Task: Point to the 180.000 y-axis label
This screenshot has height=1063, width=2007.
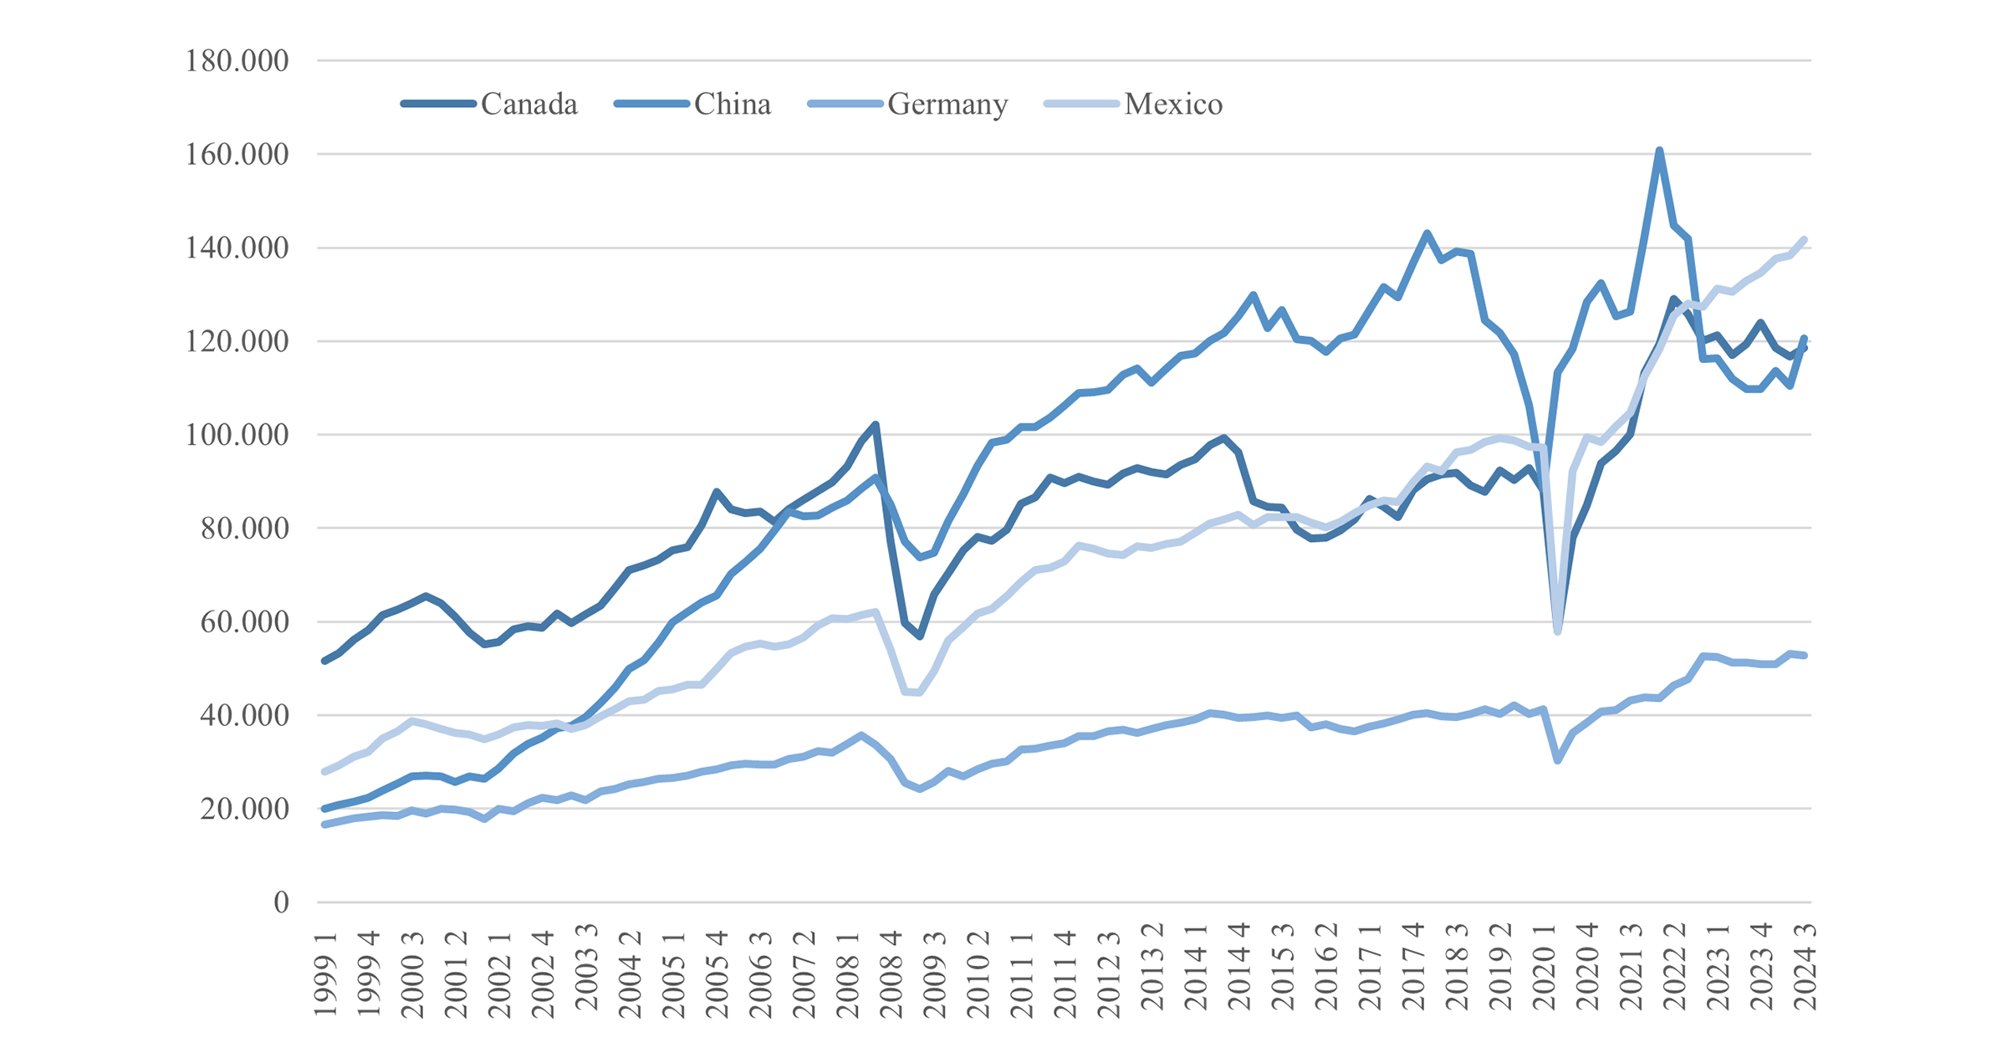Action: (237, 61)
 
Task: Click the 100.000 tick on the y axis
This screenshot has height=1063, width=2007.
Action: (237, 435)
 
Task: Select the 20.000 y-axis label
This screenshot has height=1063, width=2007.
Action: (243, 809)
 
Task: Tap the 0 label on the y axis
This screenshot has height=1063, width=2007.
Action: (281, 902)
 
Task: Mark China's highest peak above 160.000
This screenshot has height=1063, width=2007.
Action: (1659, 151)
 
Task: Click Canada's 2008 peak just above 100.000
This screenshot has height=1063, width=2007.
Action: (876, 424)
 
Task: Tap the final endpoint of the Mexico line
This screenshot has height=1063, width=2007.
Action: (1805, 239)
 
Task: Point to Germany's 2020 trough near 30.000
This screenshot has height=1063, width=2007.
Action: (1557, 760)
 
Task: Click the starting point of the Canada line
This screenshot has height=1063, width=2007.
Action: (324, 661)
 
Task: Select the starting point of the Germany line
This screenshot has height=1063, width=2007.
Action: (324, 825)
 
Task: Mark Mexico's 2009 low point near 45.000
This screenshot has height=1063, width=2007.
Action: (919, 692)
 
